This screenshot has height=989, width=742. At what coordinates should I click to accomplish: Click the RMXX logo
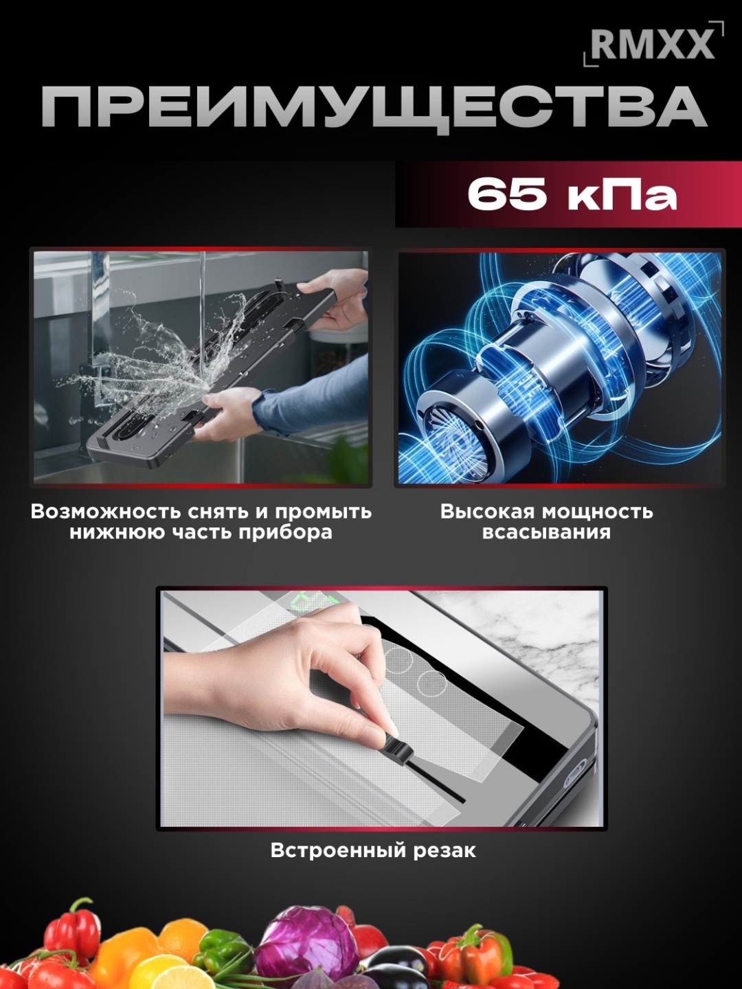click(x=653, y=44)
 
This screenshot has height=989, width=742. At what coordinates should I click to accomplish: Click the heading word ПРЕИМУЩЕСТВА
click(x=373, y=107)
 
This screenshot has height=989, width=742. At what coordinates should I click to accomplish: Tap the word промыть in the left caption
click(x=324, y=512)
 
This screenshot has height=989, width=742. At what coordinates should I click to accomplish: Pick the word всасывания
click(x=546, y=532)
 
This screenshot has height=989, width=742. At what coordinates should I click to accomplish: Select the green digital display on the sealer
click(x=315, y=600)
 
